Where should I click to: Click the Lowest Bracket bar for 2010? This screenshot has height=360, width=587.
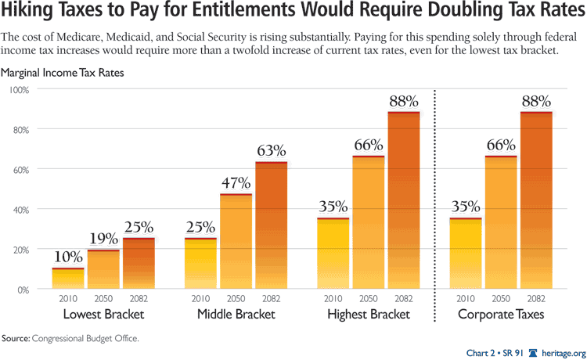[67, 279]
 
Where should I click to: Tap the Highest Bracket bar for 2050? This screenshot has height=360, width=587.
[368, 223]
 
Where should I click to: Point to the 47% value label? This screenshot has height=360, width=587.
[236, 183]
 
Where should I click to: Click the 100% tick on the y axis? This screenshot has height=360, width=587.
[19, 89]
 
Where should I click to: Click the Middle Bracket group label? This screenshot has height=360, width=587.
[236, 315]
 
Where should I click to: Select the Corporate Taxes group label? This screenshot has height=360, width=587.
[501, 315]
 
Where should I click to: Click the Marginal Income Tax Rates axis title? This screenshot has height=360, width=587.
[63, 73]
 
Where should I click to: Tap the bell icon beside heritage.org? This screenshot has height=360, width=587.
[533, 352]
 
